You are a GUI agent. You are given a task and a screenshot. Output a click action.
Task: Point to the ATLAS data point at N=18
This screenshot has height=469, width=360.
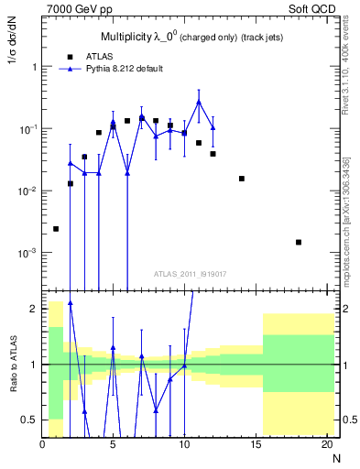[x=299, y=242]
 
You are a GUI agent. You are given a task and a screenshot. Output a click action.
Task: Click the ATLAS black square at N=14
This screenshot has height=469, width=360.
[x=242, y=179]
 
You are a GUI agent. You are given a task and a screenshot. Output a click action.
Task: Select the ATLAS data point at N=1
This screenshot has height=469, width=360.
[x=56, y=229]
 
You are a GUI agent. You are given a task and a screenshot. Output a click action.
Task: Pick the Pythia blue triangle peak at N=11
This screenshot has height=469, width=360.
[x=199, y=102]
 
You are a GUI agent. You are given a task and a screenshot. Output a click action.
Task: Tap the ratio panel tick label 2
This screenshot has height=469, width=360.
[x=34, y=309]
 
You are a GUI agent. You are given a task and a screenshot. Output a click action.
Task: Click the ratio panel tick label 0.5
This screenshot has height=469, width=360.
[x=30, y=420]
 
